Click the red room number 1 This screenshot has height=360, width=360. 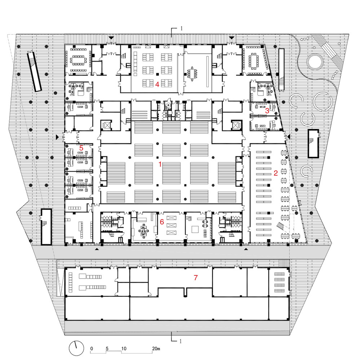click(160, 164)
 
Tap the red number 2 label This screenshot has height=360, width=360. click(276, 173)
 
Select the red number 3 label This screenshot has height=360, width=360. click(267, 111)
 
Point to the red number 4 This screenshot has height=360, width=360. click(157, 85)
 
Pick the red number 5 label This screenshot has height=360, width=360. click(81, 148)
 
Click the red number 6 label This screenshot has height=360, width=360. click(161, 222)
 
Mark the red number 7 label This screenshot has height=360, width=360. click(196, 278)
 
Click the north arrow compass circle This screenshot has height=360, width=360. click(76, 348)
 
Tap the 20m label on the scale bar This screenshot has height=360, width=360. click(156, 348)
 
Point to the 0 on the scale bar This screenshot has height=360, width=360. click(92, 348)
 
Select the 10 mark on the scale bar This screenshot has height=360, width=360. click(124, 348)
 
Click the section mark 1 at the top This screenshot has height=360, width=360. click(181, 28)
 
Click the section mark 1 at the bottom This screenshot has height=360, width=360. click(181, 341)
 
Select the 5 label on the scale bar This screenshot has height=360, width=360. click(107, 348)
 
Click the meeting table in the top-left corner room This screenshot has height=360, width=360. click(78, 60)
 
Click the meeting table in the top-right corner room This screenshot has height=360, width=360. click(253, 60)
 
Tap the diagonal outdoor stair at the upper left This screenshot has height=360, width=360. click(35, 72)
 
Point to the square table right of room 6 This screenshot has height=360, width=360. click(195, 229)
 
